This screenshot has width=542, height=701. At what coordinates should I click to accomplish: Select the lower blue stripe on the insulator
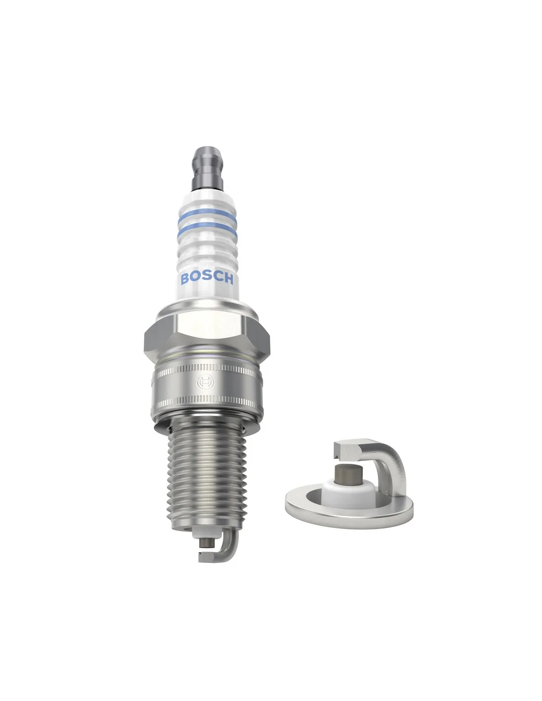[x=207, y=231]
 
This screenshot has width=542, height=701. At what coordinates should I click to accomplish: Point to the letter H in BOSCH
[x=228, y=279]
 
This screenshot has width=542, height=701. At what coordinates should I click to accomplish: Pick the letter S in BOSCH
[x=207, y=279]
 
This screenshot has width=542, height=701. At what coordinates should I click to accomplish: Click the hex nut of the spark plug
[x=206, y=336]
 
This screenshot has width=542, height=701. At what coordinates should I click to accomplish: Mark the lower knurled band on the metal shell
[x=207, y=402]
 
